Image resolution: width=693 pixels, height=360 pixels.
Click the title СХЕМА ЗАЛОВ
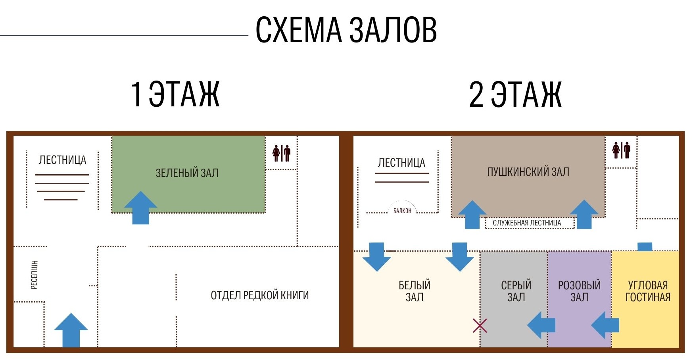[x=346, y=30]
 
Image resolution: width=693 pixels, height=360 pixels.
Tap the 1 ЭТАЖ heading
[x=175, y=94]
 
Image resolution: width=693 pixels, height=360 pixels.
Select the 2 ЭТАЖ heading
[x=515, y=94]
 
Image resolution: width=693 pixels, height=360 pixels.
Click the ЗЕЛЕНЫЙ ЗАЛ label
[x=187, y=173]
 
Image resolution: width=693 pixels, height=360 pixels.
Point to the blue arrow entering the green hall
[x=140, y=208]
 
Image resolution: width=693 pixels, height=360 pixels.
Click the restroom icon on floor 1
[x=282, y=153]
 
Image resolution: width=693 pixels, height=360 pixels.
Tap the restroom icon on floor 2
[x=621, y=150]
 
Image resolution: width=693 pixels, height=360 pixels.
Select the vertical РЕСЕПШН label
[x=35, y=275]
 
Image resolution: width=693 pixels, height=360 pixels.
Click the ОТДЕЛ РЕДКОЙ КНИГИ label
[x=260, y=295]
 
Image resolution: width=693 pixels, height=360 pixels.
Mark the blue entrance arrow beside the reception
[x=71, y=330]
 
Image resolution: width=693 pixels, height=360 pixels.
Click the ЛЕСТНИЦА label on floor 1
[x=62, y=160]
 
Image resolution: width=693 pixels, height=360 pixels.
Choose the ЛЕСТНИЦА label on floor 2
[x=401, y=163]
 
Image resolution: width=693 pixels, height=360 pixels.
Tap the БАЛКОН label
[x=402, y=211]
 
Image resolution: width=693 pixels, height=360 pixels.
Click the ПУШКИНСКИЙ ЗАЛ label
[x=528, y=172]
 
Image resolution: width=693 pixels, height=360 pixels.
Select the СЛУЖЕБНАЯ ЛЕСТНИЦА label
[x=527, y=223]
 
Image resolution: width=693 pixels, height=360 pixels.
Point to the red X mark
[x=480, y=325]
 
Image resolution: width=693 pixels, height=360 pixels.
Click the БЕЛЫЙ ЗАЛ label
[x=415, y=291]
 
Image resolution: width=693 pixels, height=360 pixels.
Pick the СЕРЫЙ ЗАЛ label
[x=516, y=291]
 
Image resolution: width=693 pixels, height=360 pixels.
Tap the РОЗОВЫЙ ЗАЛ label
[x=579, y=291]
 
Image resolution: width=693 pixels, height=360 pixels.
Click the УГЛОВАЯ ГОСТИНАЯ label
[x=648, y=291]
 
